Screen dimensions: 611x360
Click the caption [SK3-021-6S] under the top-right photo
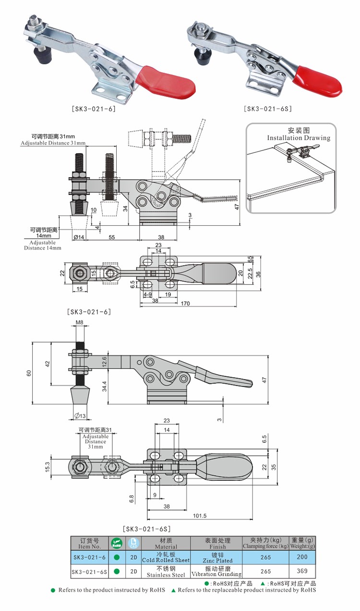tap(267, 109)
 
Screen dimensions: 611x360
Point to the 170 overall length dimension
tap(185, 303)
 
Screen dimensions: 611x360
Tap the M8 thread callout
tap(80, 323)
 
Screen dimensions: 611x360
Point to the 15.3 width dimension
tap(47, 466)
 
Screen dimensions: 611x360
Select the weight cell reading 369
tap(302, 571)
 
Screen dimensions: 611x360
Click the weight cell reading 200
tap(302, 557)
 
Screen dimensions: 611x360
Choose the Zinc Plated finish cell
tap(217, 558)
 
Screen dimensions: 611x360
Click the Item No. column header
tap(89, 543)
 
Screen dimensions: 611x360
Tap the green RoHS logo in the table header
tap(117, 543)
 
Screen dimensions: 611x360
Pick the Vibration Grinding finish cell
tap(217, 572)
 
